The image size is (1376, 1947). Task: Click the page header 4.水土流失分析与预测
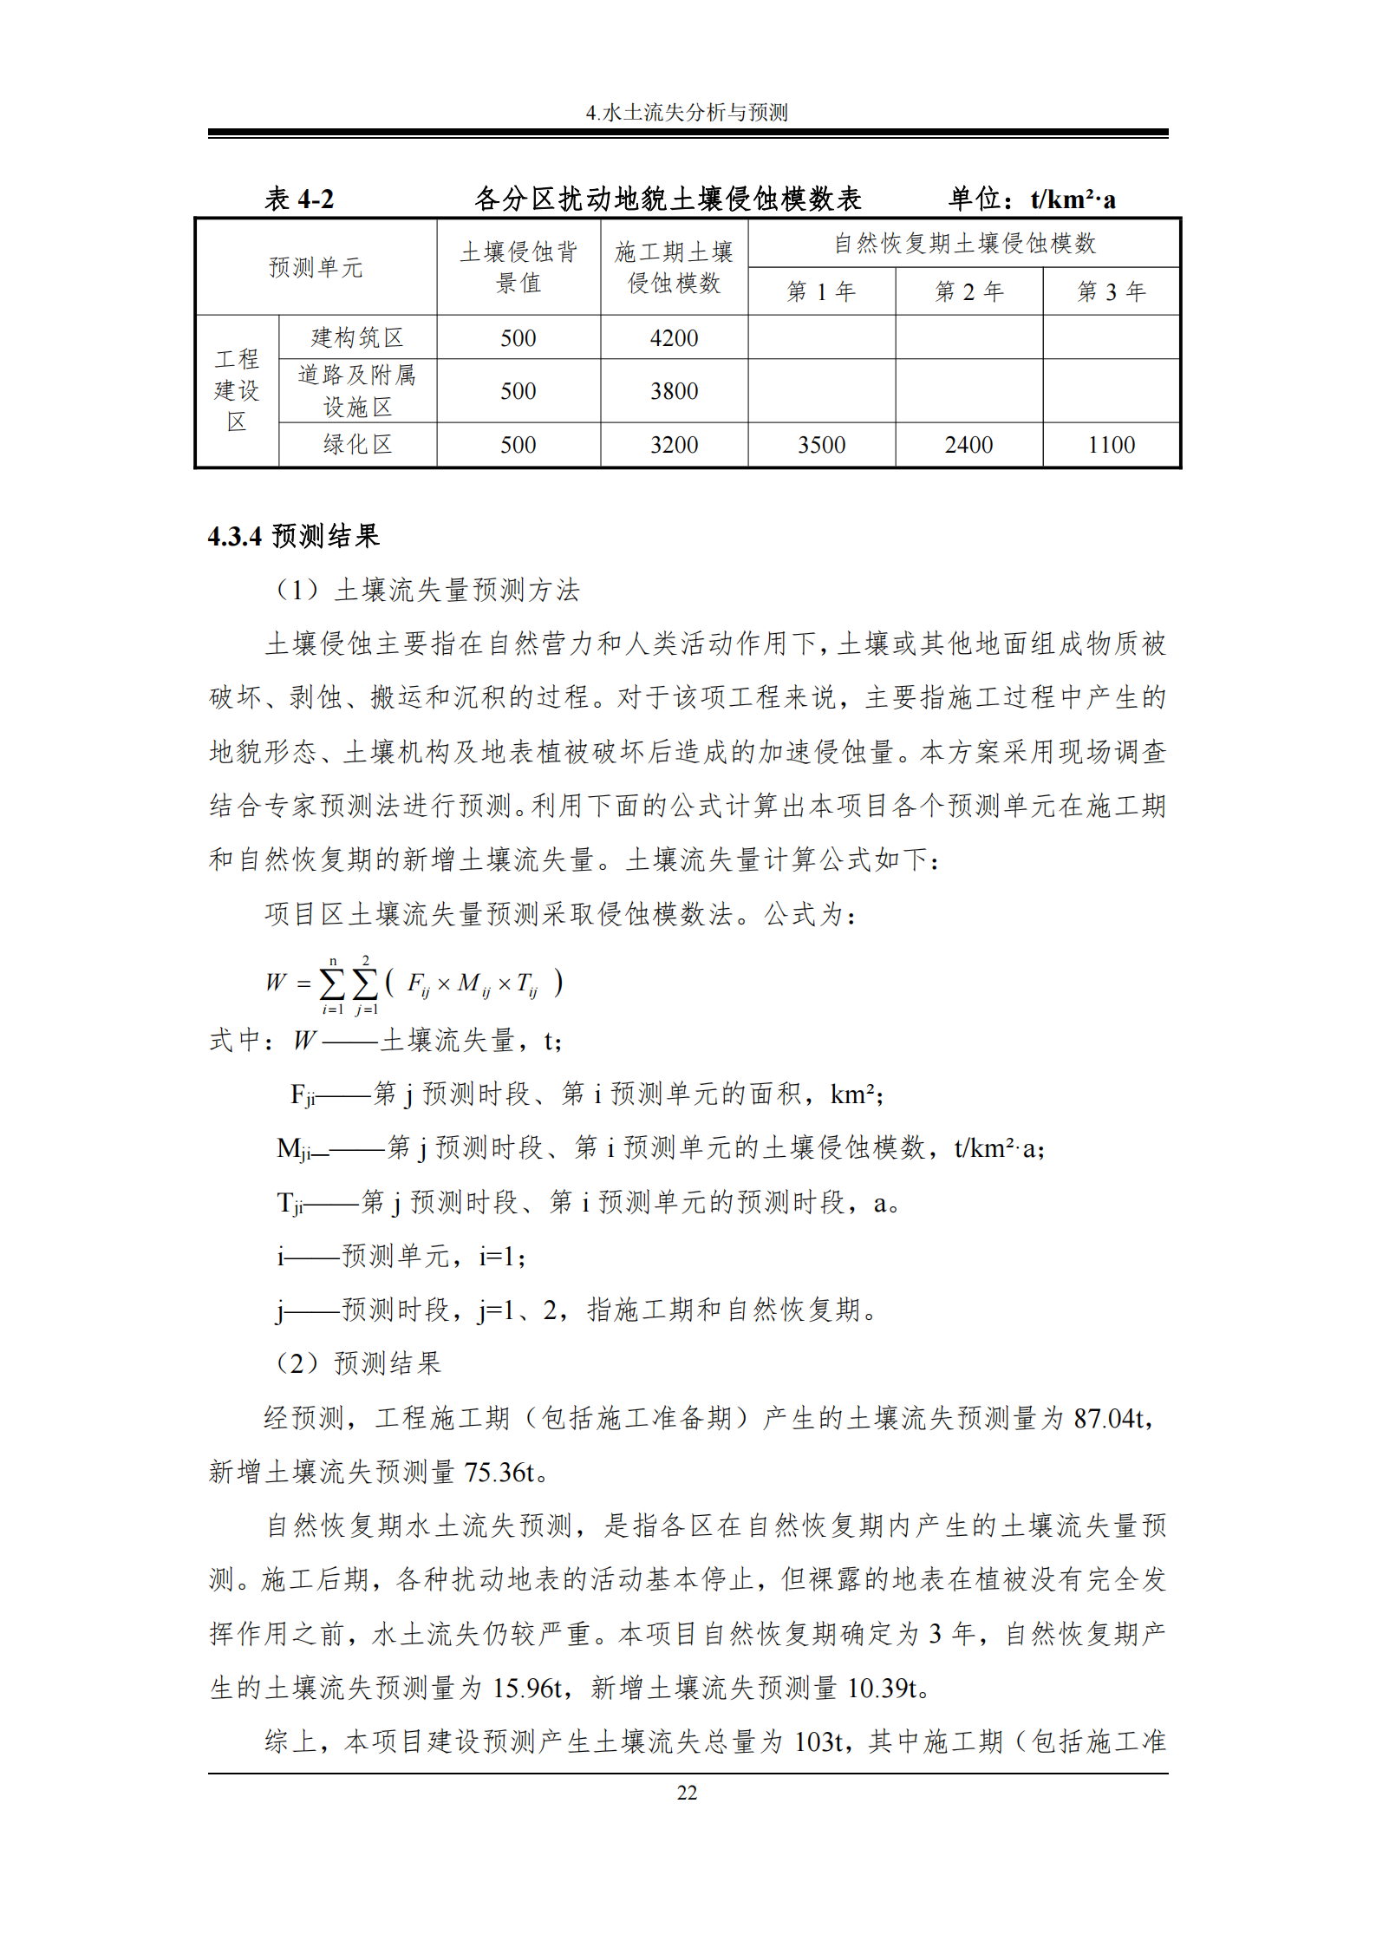[x=687, y=113]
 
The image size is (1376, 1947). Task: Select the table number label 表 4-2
[x=299, y=199]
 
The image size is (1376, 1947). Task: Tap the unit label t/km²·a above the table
[x=1073, y=199]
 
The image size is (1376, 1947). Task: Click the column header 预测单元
[x=316, y=267]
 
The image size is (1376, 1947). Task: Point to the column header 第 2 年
[x=968, y=291]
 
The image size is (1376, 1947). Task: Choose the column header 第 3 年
[x=1111, y=291]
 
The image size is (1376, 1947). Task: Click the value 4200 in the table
[x=674, y=338]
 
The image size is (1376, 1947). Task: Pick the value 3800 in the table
[x=674, y=391]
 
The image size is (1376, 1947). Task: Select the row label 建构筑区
[x=357, y=337]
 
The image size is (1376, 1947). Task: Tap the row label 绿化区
[x=357, y=445]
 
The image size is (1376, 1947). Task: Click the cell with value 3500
[x=821, y=445]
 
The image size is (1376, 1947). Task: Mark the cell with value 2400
[x=968, y=445]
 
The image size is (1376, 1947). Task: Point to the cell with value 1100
[x=1111, y=445]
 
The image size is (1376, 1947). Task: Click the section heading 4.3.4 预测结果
[x=293, y=536]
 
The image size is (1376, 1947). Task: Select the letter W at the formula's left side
[x=276, y=982]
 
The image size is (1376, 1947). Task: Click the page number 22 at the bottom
[x=687, y=1793]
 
